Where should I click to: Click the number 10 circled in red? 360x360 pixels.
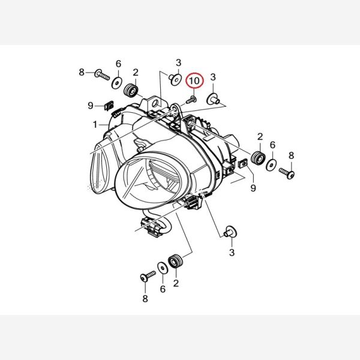click(x=194, y=81)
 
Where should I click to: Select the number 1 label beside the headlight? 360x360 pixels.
click(x=95, y=125)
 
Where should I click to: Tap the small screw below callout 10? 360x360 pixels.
click(x=191, y=100)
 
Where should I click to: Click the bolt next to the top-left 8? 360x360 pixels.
click(x=102, y=74)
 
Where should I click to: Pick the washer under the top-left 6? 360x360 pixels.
click(x=117, y=83)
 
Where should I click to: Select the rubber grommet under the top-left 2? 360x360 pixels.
click(x=131, y=90)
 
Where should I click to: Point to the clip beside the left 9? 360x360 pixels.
click(x=109, y=106)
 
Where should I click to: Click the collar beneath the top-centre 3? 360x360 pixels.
click(x=175, y=79)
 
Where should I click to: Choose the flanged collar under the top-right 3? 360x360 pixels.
click(x=213, y=99)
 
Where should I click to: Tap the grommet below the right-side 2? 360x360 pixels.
click(x=258, y=158)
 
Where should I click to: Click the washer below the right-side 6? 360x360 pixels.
click(x=271, y=165)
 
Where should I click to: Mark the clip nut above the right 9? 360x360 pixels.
click(x=243, y=164)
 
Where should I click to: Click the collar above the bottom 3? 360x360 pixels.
click(x=230, y=231)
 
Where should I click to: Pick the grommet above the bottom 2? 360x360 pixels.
click(x=176, y=261)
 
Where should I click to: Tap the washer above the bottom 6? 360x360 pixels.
click(x=163, y=268)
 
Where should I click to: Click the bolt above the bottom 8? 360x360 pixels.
click(x=148, y=276)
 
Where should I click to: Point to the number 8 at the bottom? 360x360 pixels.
click(x=145, y=299)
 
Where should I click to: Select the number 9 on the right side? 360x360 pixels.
click(x=253, y=188)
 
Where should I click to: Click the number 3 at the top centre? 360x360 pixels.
click(x=178, y=62)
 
